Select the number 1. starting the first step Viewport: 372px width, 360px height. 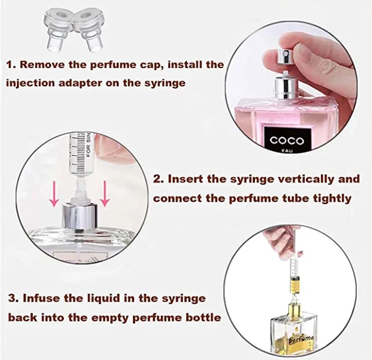[10, 65]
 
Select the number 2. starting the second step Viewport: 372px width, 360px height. [159, 179]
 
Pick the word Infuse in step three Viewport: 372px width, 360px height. [44, 298]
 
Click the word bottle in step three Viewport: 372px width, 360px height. [202, 317]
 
